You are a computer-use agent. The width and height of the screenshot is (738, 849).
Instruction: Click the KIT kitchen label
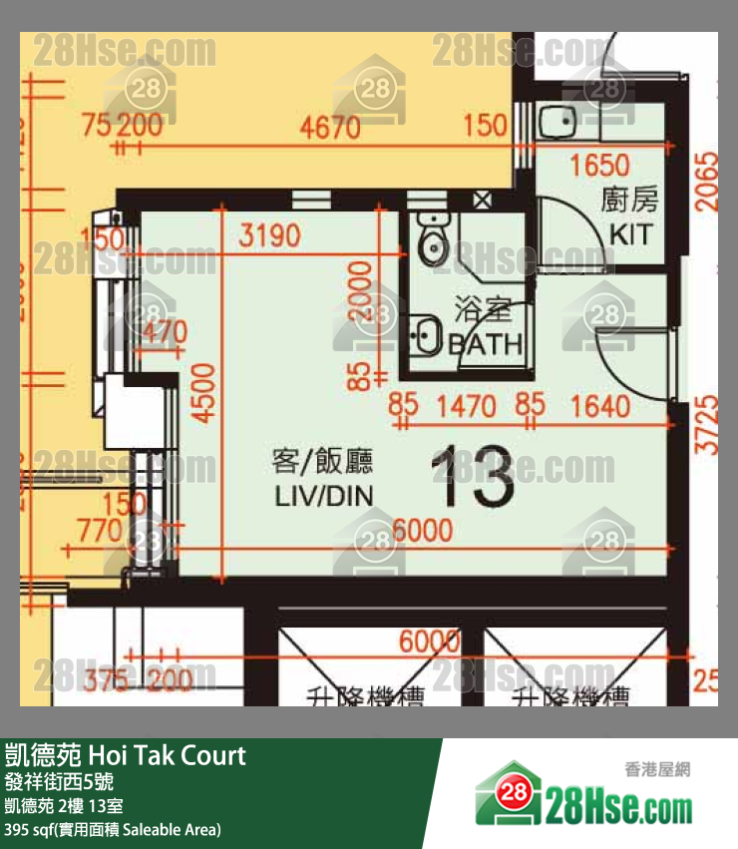631,235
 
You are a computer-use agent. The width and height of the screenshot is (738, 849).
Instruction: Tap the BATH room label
486,345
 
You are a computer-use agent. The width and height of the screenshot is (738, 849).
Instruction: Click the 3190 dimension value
269,236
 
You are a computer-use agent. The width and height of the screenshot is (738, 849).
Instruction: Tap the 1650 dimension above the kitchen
598,166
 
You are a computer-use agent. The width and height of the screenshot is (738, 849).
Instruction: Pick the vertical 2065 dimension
707,180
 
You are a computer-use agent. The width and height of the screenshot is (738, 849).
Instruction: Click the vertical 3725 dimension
707,425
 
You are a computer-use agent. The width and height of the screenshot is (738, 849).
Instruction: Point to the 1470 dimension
468,406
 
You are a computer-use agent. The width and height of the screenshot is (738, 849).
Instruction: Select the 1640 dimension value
602,406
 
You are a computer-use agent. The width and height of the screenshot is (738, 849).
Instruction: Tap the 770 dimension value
98,532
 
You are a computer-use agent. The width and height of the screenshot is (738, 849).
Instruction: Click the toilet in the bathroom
434,242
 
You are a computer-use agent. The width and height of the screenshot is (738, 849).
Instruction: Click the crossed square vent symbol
482,199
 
